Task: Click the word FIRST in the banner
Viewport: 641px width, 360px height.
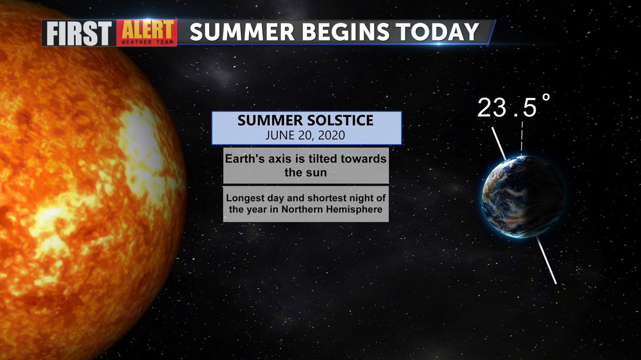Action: (79, 33)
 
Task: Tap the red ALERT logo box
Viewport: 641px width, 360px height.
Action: (146, 33)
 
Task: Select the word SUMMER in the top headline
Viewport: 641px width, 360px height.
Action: (242, 32)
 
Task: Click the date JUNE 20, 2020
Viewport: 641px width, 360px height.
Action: (306, 135)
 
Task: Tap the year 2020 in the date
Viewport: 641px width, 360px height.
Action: (331, 135)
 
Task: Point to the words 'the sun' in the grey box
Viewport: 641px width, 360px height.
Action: (306, 173)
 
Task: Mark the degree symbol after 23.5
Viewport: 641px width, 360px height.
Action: (546, 97)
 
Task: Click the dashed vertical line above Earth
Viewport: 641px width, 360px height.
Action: (522, 138)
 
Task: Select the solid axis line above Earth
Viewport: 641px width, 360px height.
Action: (499, 144)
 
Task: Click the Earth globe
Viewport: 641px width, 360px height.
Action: (523, 197)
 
